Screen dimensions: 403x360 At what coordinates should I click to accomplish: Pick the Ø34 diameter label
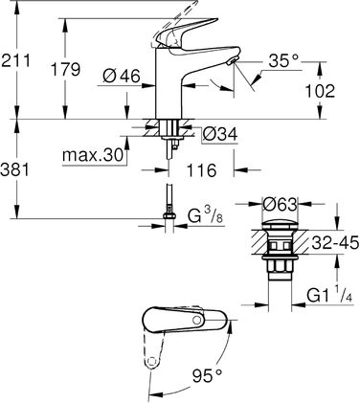click(222, 133)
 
